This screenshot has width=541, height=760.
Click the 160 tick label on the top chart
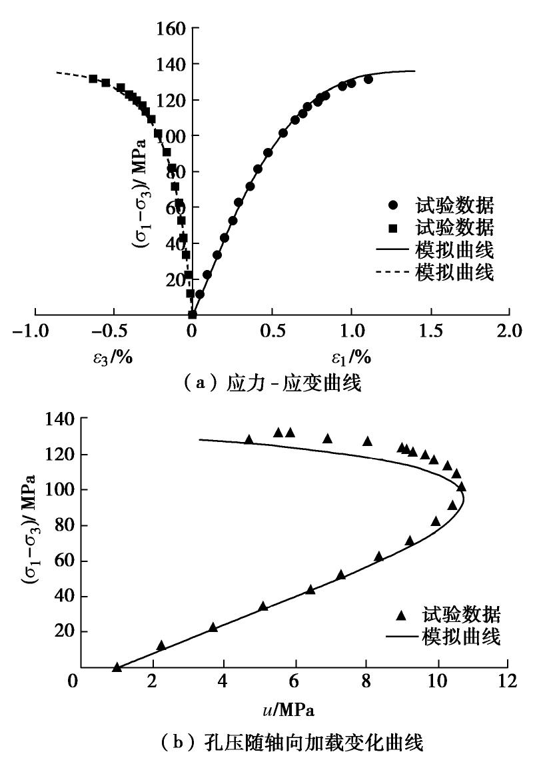(172, 29)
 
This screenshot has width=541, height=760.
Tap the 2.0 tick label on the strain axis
(509, 331)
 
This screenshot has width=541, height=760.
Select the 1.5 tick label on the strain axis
(430, 331)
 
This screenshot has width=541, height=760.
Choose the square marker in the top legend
(393, 228)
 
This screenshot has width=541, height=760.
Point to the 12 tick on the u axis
(508, 683)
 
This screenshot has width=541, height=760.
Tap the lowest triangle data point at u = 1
(117, 667)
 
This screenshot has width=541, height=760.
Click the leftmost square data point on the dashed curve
(93, 79)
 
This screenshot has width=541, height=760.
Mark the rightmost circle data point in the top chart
(368, 79)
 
